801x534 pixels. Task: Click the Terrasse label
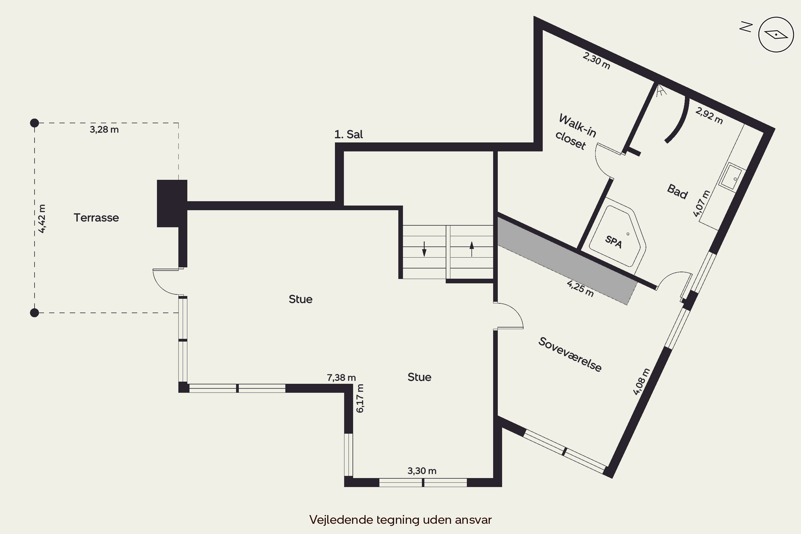96,218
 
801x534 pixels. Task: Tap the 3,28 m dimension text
104,129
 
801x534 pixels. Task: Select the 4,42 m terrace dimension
42,219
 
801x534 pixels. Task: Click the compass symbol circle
776,34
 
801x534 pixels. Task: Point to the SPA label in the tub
613,242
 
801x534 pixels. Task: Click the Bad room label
677,191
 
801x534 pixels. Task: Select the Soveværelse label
570,354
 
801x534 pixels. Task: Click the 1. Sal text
348,135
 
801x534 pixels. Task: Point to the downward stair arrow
424,249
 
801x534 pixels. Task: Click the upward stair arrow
472,249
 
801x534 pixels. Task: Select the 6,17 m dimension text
360,398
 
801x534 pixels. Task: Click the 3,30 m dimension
422,471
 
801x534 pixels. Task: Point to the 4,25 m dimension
580,288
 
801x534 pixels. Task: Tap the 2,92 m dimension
709,115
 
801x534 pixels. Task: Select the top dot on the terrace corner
34,123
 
